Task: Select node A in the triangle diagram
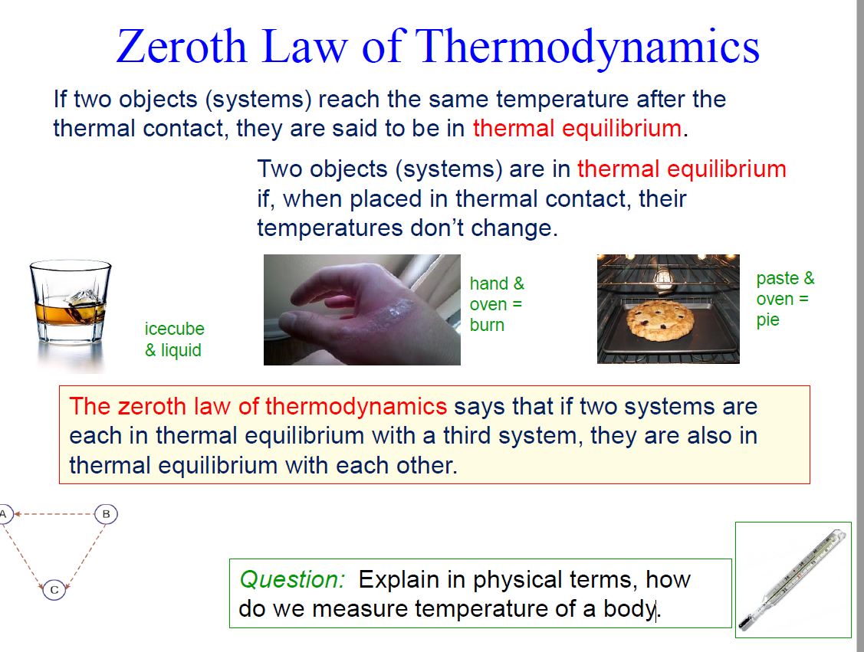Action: coord(4,513)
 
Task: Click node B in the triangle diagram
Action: coord(106,513)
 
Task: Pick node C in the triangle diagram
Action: coord(54,590)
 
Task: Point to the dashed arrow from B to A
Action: coord(54,513)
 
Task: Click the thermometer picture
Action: coord(793,579)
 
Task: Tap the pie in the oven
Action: coord(659,320)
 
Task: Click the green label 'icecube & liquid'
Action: coord(174,339)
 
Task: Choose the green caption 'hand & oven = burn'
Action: coord(497,304)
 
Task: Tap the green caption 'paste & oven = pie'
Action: coord(784,299)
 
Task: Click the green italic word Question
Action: coord(292,580)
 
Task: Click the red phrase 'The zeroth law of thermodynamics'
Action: coord(258,406)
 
